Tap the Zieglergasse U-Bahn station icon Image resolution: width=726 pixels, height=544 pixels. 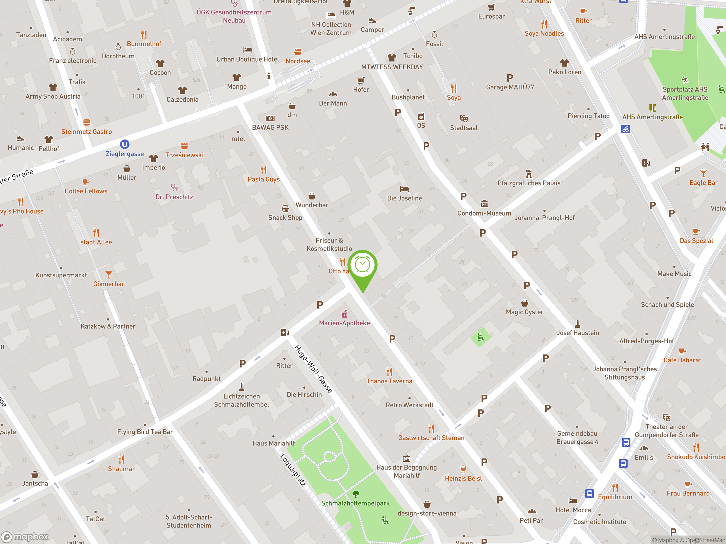coord(124,144)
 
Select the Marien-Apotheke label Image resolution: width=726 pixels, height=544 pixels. coord(344,323)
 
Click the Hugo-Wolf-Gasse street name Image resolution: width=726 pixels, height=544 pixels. coord(313,369)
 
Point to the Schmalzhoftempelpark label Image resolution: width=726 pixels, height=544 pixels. coord(355,503)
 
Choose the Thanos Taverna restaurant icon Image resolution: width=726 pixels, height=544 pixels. coord(389,372)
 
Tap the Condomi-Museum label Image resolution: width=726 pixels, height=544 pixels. coord(484,213)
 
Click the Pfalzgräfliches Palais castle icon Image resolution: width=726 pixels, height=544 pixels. coord(529,174)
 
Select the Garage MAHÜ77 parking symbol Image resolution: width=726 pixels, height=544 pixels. coord(510,78)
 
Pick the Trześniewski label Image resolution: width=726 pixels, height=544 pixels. coord(184,155)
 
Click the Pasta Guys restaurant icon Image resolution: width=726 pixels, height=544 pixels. coord(263,170)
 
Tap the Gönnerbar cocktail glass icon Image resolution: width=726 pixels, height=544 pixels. coord(109,275)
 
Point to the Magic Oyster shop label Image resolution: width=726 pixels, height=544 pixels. coord(524,312)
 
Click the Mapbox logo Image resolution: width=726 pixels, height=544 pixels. coord(25,537)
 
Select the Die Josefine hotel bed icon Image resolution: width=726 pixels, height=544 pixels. coord(404,189)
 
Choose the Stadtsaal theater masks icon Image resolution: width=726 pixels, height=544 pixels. coord(464,118)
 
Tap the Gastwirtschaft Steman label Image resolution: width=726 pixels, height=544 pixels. coord(431,438)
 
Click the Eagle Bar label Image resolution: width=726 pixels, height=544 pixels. coord(703,183)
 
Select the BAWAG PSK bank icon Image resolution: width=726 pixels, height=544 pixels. coord(270,118)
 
